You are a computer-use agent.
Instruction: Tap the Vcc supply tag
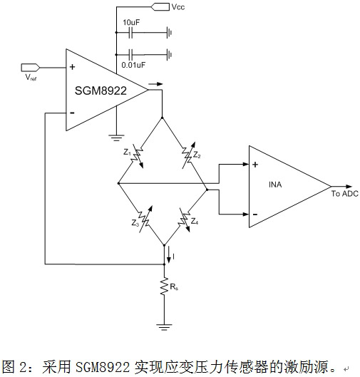pos(158,7)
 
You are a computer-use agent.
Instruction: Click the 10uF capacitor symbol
pos(131,31)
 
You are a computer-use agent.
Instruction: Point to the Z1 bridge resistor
pos(139,157)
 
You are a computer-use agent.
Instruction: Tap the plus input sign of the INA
pos(254,163)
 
